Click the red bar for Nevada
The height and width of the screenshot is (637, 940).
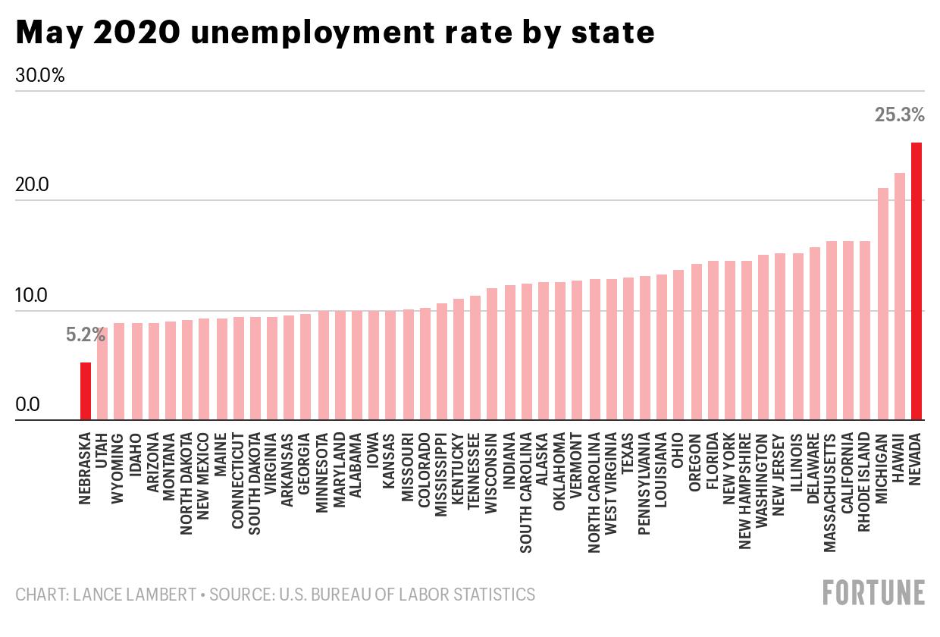tap(916, 281)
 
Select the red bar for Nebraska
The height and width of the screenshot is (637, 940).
tap(86, 391)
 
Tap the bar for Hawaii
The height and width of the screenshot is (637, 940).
tap(900, 296)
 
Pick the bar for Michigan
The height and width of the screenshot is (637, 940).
tap(883, 303)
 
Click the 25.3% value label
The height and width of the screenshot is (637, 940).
tap(900, 116)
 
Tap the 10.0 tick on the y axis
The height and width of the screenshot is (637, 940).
tap(31, 295)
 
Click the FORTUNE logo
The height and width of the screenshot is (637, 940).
tap(874, 592)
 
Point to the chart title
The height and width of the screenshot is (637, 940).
tap(334, 33)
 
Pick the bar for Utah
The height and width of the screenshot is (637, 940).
tap(102, 373)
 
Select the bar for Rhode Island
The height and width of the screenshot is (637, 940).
tap(866, 330)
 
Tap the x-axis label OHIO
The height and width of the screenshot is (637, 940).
tap(678, 450)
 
